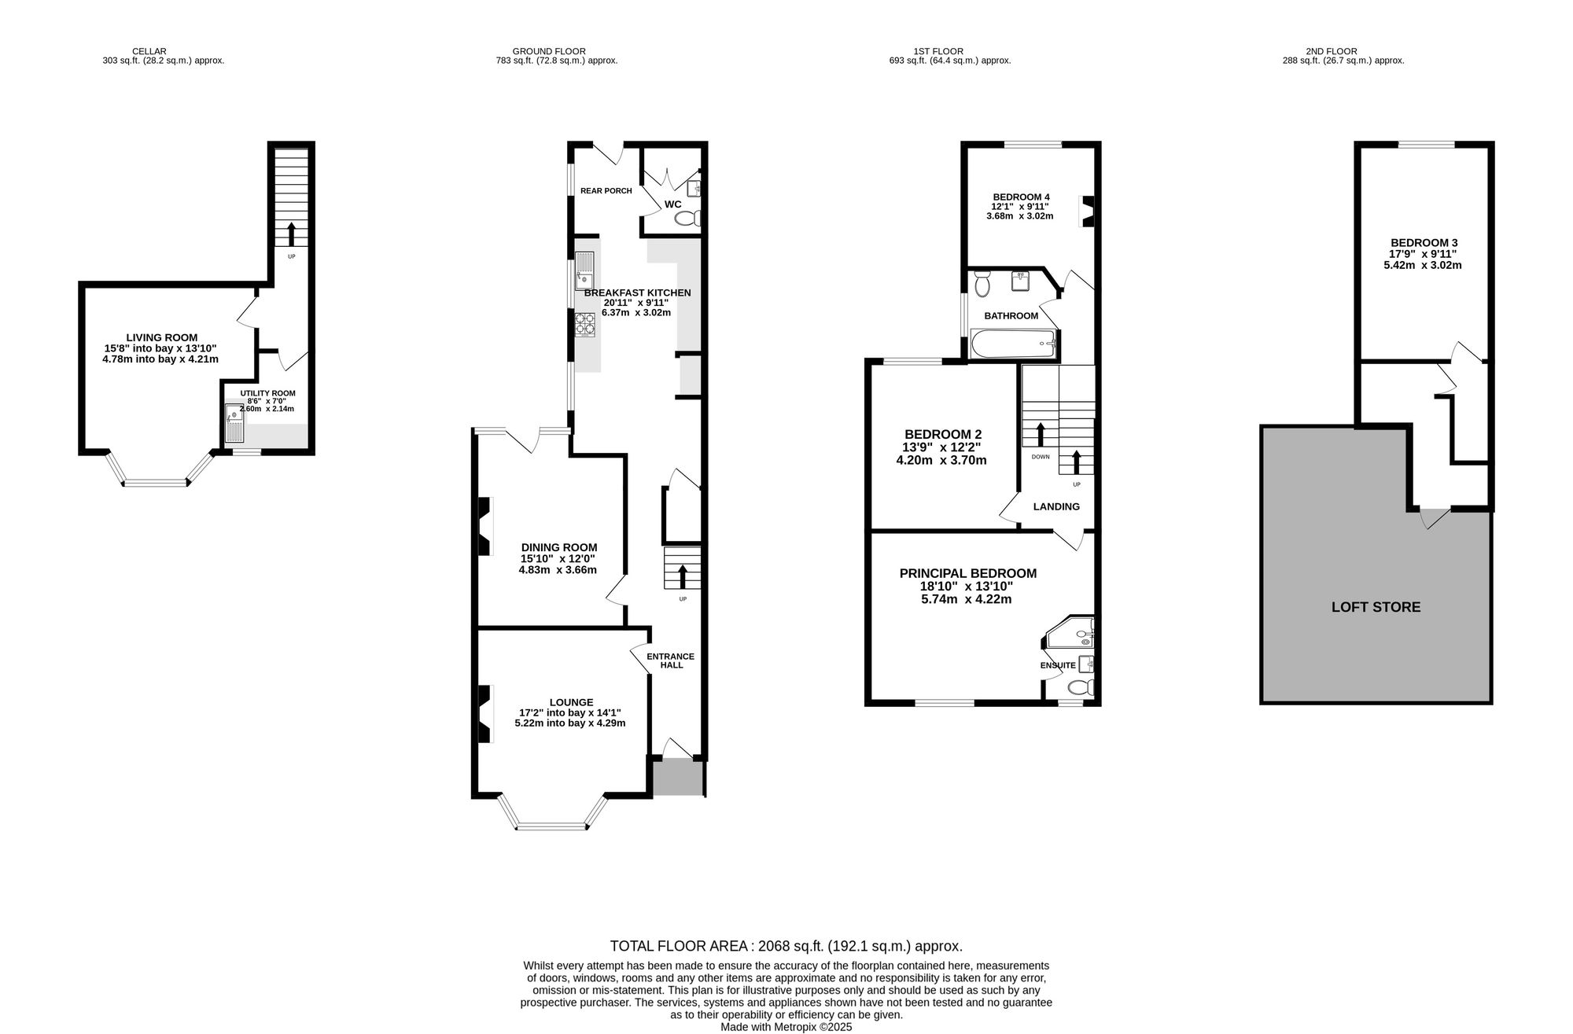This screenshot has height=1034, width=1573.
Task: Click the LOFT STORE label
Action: point(1376,607)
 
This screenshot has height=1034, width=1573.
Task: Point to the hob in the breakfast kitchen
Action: point(585,324)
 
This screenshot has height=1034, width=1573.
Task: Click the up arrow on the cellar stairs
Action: point(291,234)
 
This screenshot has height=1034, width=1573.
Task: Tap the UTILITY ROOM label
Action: point(267,393)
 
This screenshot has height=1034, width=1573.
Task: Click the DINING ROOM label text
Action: point(559,547)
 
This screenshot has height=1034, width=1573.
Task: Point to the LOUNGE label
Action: point(571,702)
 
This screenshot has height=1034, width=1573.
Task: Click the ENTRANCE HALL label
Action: point(670,661)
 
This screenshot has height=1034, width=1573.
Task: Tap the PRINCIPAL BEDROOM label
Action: point(967,574)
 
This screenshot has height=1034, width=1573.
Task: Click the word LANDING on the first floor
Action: point(1055,506)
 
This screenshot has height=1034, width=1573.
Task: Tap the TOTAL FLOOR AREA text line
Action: point(786,946)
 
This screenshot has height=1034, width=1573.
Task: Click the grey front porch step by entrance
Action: point(678,778)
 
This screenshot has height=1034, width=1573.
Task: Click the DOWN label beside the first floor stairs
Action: point(1040,457)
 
